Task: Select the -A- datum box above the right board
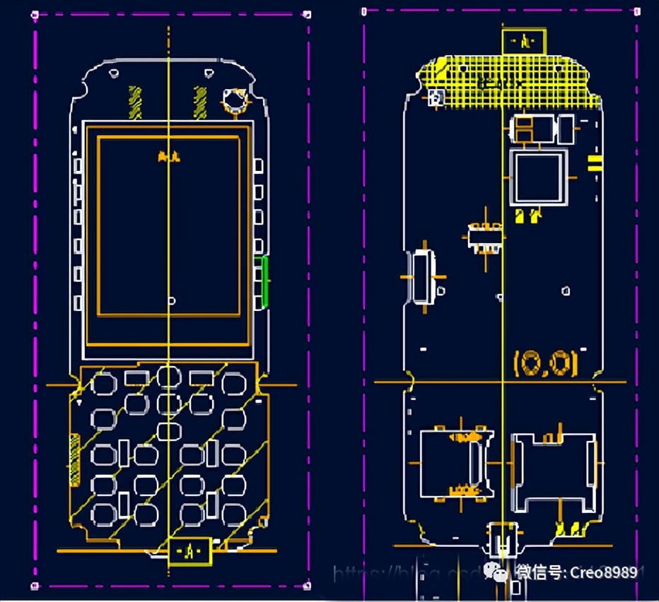[x=524, y=41]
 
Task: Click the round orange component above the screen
[x=234, y=100]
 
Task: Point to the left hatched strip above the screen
[x=134, y=102]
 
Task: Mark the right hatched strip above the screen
[x=200, y=102]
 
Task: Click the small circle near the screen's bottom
[x=171, y=301]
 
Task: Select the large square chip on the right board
[x=539, y=177]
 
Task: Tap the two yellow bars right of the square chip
[x=595, y=165]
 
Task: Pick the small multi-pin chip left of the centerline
[x=486, y=237]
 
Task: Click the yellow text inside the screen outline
[x=168, y=157]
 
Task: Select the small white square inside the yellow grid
[x=436, y=98]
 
